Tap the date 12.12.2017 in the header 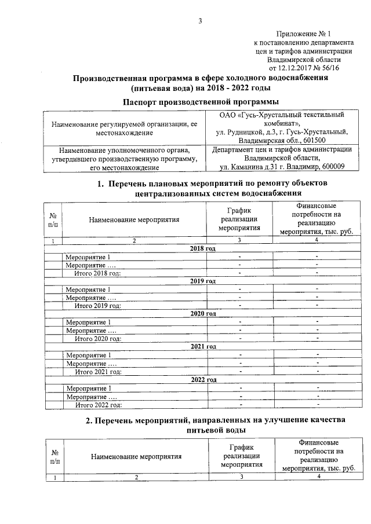[x=288, y=67]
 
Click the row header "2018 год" [x=203, y=248]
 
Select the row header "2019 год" [x=203, y=281]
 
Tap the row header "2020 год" [x=203, y=313]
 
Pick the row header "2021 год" [x=203, y=346]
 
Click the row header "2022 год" [x=203, y=379]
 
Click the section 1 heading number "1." [x=100, y=184]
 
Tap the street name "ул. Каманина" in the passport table [x=245, y=167]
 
